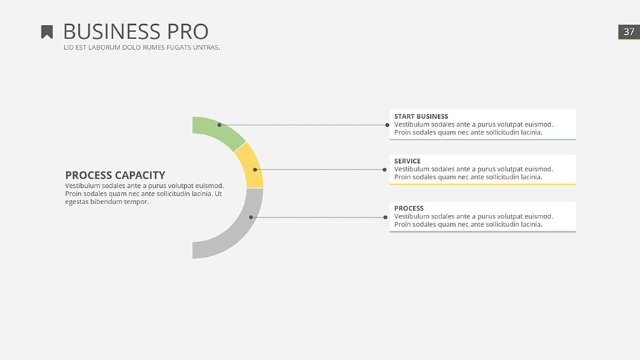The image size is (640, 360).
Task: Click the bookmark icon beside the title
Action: click(x=47, y=32)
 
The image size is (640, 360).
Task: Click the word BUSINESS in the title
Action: click(x=112, y=32)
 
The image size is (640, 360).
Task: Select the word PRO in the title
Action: click(x=188, y=32)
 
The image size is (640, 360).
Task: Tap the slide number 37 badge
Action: click(x=629, y=32)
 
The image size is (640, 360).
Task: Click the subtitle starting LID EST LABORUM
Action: click(x=142, y=48)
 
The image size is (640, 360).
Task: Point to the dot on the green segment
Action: click(x=219, y=125)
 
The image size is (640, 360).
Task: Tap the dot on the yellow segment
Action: click(x=255, y=169)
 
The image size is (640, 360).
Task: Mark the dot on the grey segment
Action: click(x=251, y=217)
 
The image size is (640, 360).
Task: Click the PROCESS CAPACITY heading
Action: click(x=115, y=175)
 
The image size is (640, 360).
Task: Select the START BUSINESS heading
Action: click(x=421, y=116)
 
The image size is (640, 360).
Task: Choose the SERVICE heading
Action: click(x=407, y=161)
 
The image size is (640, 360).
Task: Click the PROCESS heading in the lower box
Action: click(x=409, y=208)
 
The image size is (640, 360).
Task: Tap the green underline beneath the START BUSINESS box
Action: click(x=482, y=139)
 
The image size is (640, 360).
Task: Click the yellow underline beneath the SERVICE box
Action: click(x=482, y=184)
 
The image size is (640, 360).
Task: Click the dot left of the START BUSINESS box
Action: click(x=387, y=125)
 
